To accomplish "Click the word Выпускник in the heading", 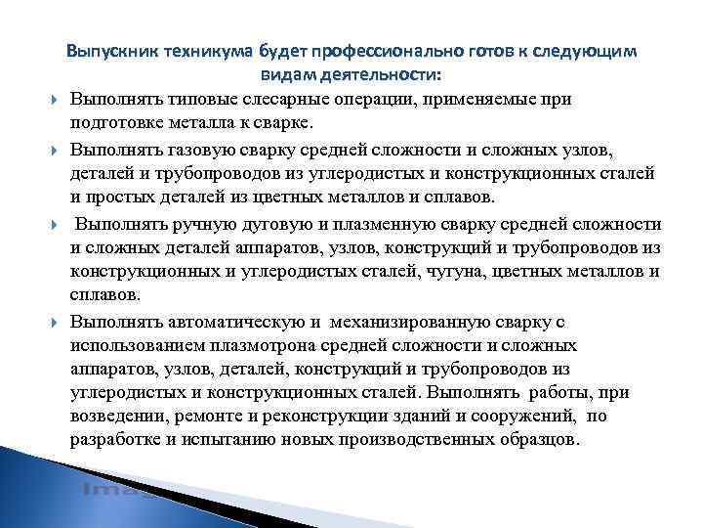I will pos(109,51).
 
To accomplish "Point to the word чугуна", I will pos(440,271).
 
